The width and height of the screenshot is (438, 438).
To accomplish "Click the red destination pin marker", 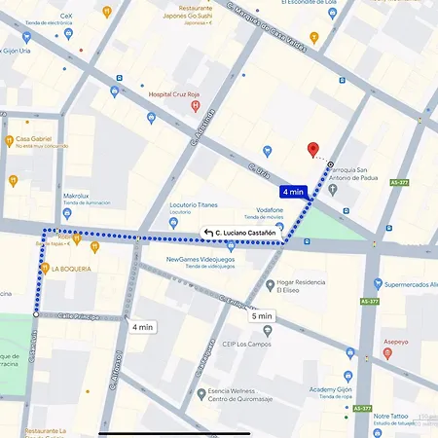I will pyautogui.click(x=312, y=150).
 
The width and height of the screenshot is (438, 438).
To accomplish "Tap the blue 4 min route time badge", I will pyautogui.click(x=293, y=192).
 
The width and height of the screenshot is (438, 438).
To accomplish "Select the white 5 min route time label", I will pyautogui.click(x=262, y=316).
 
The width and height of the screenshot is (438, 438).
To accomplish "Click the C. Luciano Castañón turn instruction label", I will pyautogui.click(x=240, y=233).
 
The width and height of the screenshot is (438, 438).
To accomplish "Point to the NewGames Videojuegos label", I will pyautogui.click(x=201, y=260).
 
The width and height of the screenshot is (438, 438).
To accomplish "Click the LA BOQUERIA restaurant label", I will pyautogui.click(x=71, y=269).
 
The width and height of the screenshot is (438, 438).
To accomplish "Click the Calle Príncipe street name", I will pyautogui.click(x=79, y=315).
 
